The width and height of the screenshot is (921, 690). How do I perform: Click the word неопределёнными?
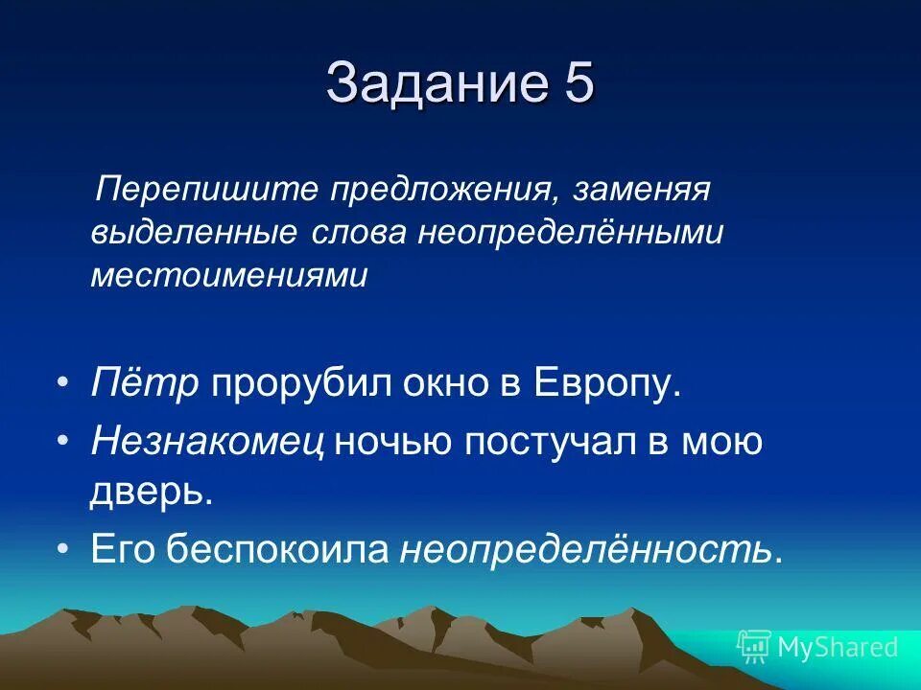click(569, 233)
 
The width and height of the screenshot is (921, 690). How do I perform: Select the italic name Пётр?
click(145, 382)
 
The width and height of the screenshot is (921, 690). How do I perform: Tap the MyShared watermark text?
click(838, 648)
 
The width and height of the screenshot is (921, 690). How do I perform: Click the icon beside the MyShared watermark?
click(753, 648)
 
